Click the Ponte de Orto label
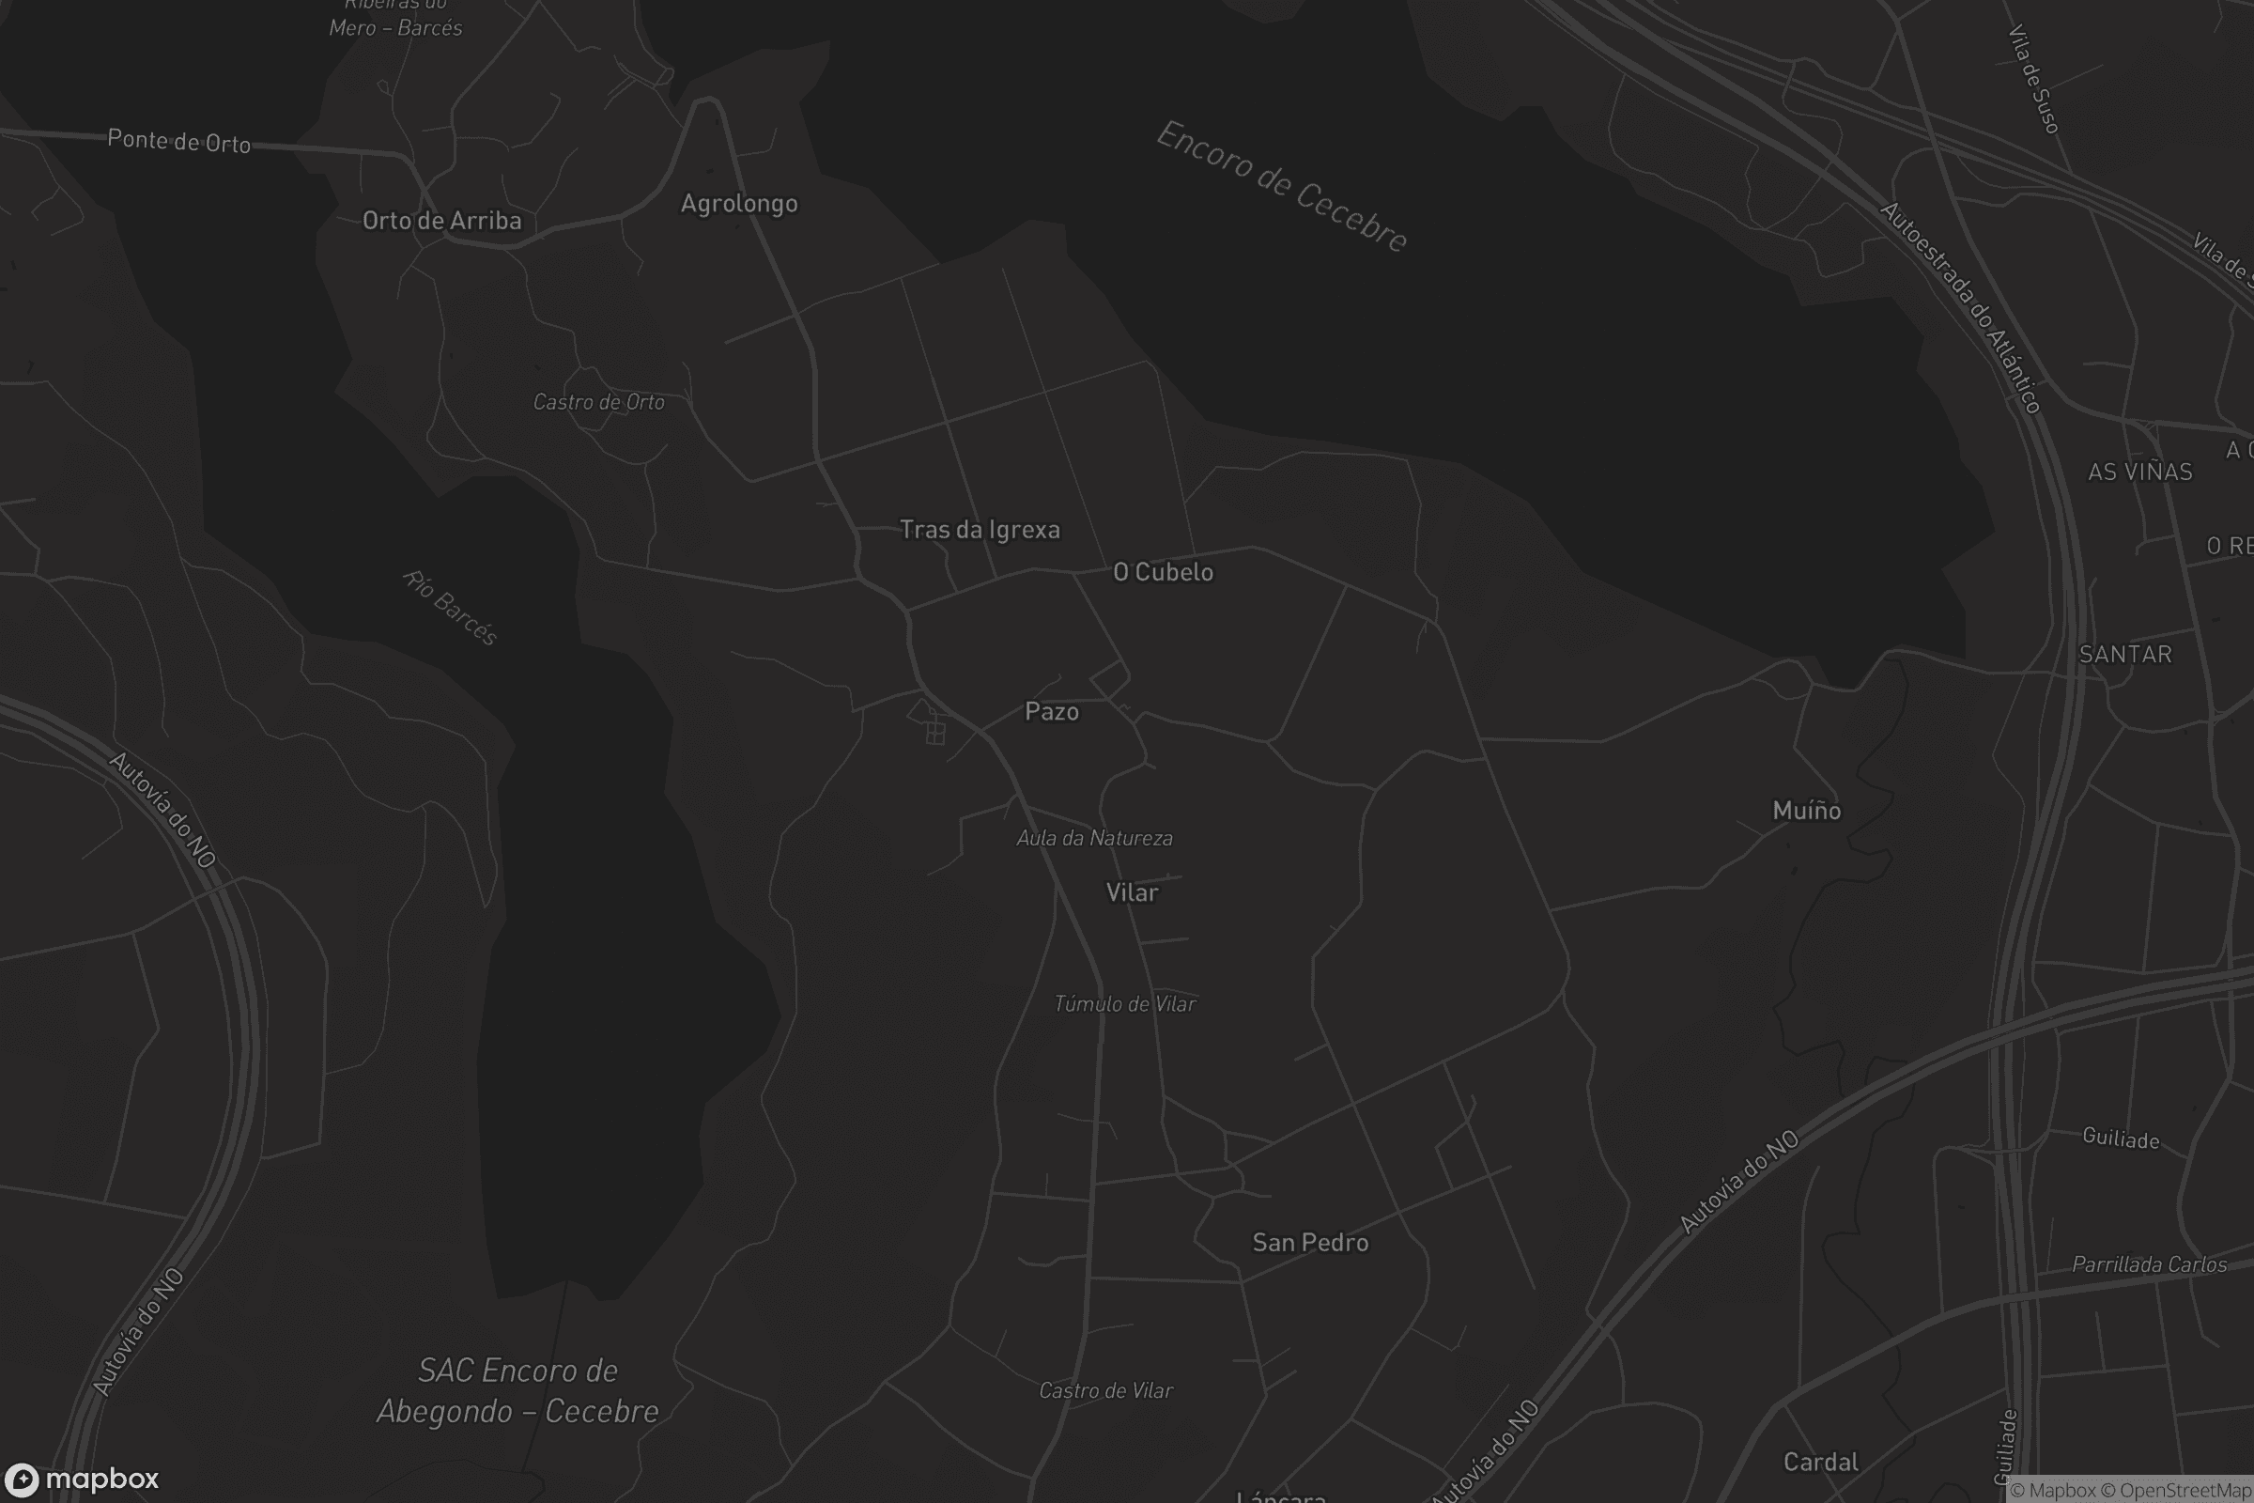(x=179, y=142)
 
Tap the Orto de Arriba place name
(x=441, y=221)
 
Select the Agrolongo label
(x=739, y=203)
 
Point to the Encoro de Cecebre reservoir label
(x=1282, y=187)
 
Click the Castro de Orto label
(x=599, y=402)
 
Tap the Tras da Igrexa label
(x=980, y=529)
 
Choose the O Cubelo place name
(x=1163, y=572)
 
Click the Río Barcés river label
(x=450, y=608)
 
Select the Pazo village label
(x=1051, y=711)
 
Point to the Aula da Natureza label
(x=1094, y=838)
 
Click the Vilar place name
(x=1132, y=892)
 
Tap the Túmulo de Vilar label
(x=1125, y=1003)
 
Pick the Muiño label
(x=1806, y=811)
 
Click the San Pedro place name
(x=1310, y=1242)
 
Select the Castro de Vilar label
(x=1106, y=1390)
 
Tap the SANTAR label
(x=2125, y=655)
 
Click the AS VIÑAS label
(x=2140, y=472)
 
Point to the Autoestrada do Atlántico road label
(x=1960, y=307)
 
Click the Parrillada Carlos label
(x=2150, y=1264)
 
